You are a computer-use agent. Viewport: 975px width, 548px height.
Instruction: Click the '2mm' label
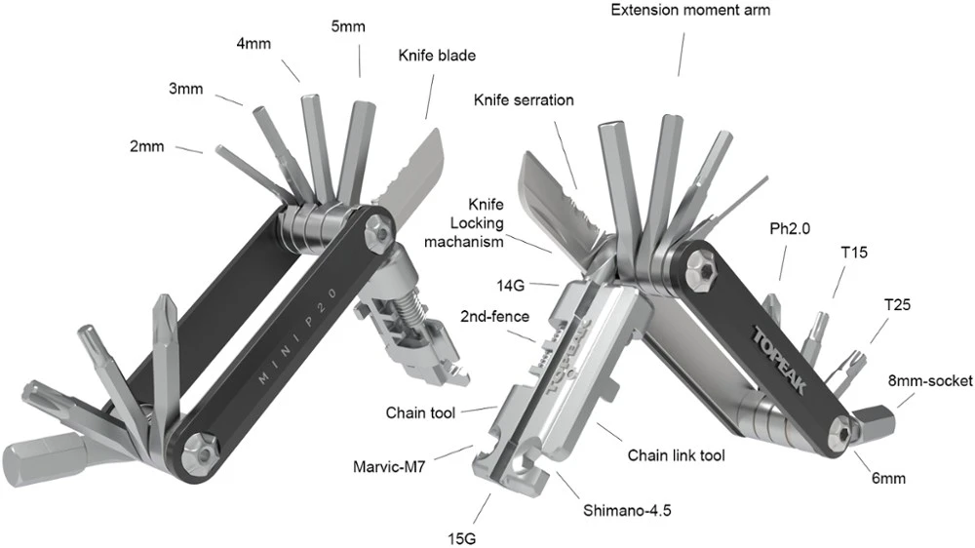(x=146, y=147)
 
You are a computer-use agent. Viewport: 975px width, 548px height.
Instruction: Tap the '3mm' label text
(x=185, y=90)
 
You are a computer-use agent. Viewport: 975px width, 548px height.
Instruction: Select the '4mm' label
(x=255, y=44)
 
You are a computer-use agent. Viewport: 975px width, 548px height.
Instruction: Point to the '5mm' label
(x=348, y=26)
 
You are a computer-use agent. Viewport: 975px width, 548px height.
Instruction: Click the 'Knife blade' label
(x=436, y=56)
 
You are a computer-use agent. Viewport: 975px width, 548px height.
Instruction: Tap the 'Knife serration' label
(x=524, y=100)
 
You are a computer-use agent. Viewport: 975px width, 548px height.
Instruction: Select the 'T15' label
(x=855, y=252)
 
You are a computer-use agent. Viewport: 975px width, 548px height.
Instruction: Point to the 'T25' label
(x=897, y=304)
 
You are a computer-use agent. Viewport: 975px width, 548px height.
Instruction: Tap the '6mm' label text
(x=889, y=478)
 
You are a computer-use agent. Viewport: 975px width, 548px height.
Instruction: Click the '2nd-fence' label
(x=495, y=316)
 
